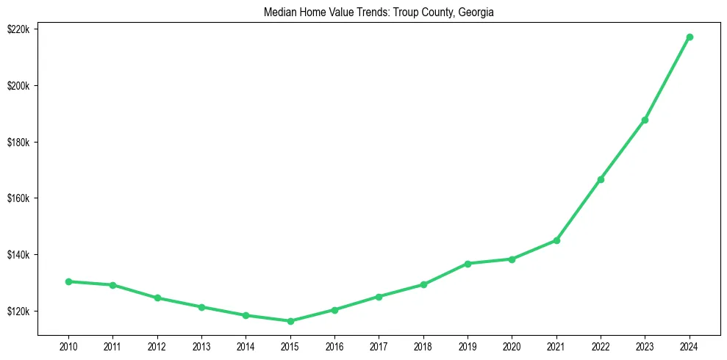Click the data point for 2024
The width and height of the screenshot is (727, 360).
690,37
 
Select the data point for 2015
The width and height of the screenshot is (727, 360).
290,321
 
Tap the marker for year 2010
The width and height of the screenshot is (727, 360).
68,281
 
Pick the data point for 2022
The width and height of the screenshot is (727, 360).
601,179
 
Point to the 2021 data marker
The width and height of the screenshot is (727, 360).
556,240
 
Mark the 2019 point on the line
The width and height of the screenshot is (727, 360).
468,263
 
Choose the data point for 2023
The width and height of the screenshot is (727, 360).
645,120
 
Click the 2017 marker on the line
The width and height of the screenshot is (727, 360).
379,297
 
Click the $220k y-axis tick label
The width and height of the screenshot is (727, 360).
17,29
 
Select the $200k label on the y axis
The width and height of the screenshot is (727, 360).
17,86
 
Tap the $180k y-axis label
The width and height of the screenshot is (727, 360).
17,142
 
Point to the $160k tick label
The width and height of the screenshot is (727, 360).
17,198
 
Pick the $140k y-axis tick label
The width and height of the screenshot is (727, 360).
17,255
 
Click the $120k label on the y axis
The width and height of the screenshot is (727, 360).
17,312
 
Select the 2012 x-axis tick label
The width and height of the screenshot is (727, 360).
157,345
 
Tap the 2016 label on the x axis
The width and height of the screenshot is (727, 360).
334,345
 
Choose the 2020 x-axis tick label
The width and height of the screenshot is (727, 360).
512,345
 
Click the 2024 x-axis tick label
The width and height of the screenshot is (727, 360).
690,345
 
